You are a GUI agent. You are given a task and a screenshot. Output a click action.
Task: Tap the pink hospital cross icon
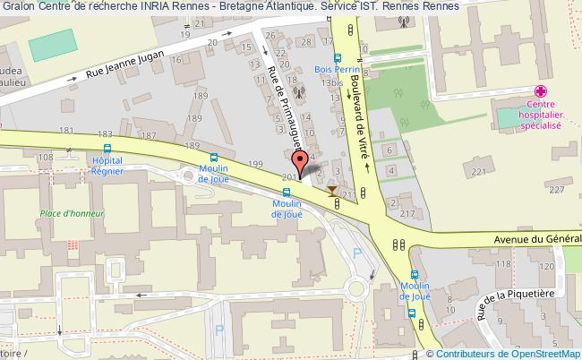click(541, 91)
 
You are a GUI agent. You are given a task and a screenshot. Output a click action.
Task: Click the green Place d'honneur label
click(73, 214)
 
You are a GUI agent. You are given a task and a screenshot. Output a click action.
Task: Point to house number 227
click(556, 189)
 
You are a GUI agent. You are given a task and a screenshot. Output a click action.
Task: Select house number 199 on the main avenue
click(256, 164)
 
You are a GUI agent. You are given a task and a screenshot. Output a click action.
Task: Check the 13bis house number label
click(335, 83)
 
